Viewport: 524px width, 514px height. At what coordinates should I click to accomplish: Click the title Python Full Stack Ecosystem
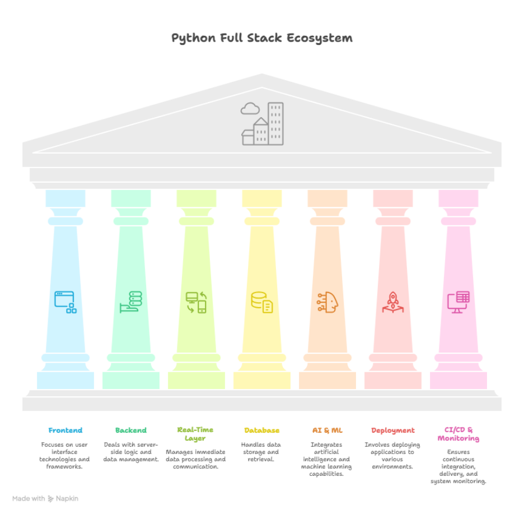click(261, 38)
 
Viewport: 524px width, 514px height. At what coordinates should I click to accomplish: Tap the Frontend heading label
click(65, 430)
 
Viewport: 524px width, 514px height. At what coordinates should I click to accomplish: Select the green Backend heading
click(131, 430)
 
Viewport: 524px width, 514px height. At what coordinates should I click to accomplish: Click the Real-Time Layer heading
click(195, 434)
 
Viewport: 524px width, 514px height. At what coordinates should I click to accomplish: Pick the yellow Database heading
click(261, 430)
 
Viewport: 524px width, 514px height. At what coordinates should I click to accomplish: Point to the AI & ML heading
click(327, 430)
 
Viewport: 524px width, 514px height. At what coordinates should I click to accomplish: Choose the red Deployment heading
click(393, 430)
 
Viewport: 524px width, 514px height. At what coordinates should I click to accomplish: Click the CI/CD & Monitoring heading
click(458, 434)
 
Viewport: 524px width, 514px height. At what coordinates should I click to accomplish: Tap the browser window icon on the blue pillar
click(65, 302)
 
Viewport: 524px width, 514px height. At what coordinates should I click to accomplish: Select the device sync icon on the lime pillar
click(196, 303)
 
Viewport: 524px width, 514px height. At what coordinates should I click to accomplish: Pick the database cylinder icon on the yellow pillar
click(261, 302)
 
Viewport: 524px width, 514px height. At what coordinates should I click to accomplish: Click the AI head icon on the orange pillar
click(327, 302)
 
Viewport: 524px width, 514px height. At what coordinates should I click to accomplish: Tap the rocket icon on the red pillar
click(392, 302)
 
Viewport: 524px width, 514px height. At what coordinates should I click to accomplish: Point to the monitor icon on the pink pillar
click(458, 302)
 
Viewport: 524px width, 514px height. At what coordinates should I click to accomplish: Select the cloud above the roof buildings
click(250, 108)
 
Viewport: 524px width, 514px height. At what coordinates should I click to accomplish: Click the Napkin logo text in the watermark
click(67, 498)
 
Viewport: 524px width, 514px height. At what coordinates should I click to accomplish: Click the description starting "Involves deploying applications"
click(392, 455)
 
